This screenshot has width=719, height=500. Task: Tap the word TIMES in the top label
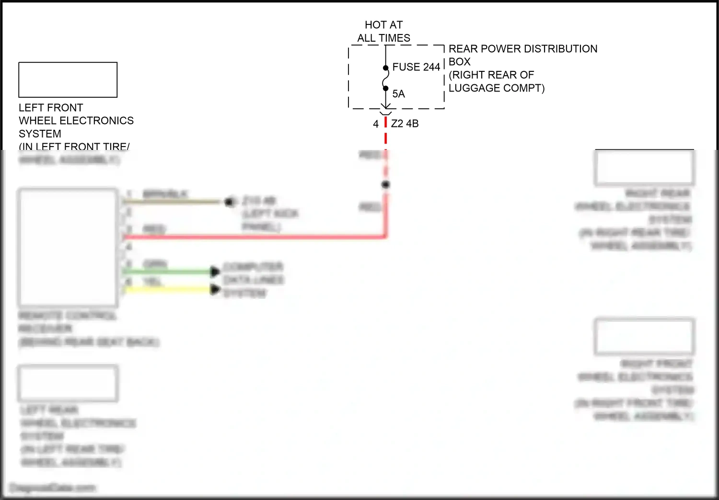(395, 38)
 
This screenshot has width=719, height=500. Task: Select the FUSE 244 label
(416, 68)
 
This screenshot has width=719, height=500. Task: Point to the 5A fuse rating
(398, 94)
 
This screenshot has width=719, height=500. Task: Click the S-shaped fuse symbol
(385, 79)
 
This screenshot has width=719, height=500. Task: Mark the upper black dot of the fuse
(385, 68)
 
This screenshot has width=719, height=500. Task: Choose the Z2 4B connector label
(405, 124)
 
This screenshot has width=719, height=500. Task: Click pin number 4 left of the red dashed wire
(376, 124)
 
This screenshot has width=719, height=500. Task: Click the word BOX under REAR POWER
(459, 62)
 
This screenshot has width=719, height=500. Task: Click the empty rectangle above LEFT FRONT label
(68, 80)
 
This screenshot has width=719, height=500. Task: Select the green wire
(168, 272)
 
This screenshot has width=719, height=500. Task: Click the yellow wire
(168, 289)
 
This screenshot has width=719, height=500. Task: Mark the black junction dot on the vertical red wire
(385, 185)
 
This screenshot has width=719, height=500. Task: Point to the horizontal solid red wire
(254, 237)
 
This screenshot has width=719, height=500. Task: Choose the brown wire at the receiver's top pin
(173, 202)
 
